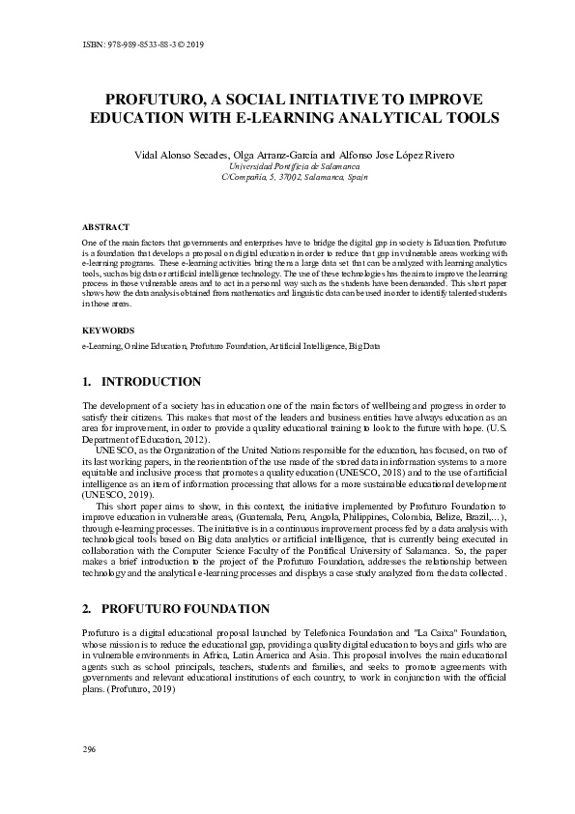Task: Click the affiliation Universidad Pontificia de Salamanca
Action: (x=287, y=166)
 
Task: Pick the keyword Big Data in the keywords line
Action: (x=364, y=345)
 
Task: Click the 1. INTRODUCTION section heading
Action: (x=142, y=382)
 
